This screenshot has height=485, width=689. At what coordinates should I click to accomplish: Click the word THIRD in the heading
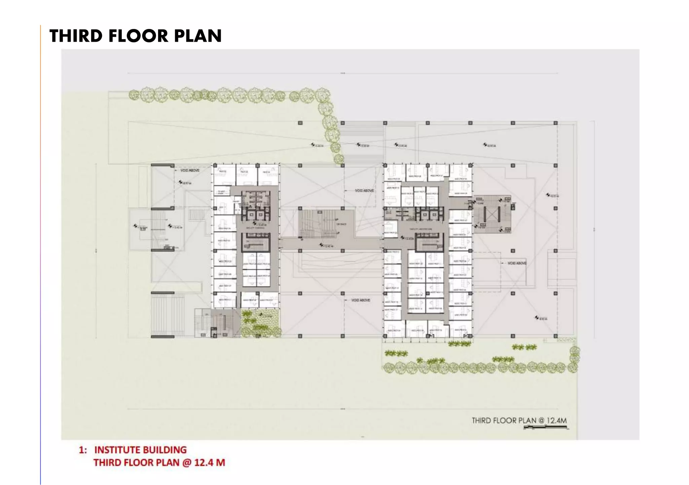point(76,36)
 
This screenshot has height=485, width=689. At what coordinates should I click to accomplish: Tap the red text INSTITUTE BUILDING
point(140,450)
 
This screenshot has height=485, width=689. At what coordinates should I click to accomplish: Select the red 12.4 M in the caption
point(210,463)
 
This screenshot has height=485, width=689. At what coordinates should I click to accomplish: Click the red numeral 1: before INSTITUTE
point(83,450)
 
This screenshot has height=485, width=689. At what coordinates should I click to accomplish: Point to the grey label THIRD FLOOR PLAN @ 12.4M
point(519,420)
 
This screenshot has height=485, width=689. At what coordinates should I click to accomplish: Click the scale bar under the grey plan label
point(545,427)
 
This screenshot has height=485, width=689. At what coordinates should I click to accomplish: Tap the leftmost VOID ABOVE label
point(190,170)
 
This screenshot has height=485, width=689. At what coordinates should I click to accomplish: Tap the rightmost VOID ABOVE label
point(517,263)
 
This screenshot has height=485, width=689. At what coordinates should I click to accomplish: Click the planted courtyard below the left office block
point(261,323)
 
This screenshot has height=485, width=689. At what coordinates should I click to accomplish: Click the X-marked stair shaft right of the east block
point(492,214)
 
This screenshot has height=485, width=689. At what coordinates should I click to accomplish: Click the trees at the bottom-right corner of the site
point(574,360)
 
